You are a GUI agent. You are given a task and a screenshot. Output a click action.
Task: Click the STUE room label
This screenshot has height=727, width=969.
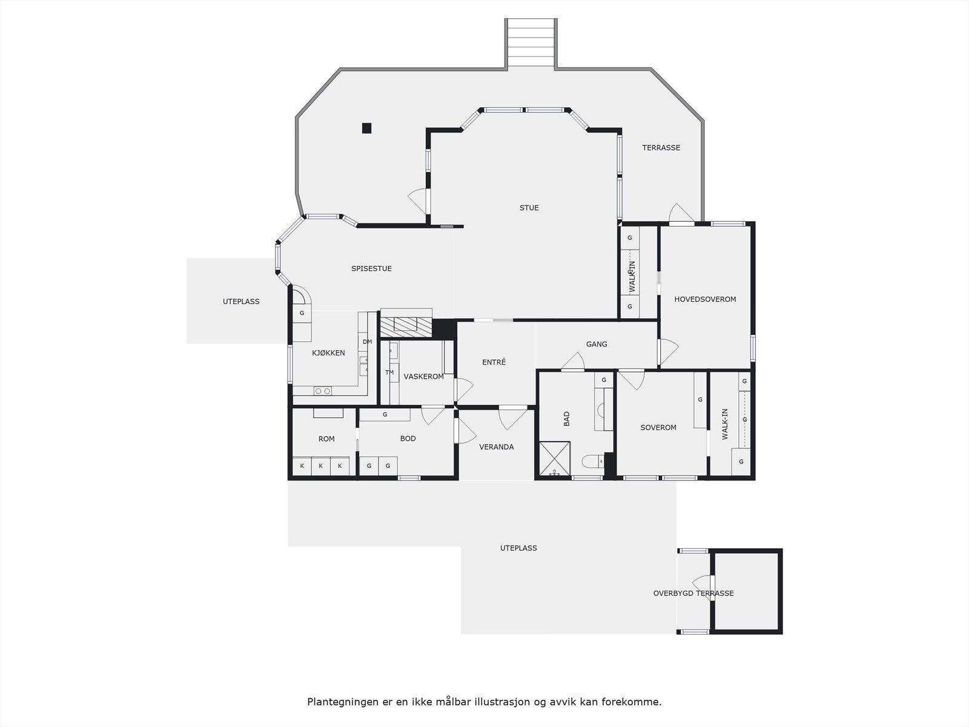coord(529,208)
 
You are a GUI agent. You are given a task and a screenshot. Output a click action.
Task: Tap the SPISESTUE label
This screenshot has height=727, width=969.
coord(371,268)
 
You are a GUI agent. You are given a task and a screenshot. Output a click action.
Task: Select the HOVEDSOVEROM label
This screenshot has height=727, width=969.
coord(705,299)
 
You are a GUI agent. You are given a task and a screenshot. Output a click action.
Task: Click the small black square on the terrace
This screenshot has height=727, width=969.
coord(366,128)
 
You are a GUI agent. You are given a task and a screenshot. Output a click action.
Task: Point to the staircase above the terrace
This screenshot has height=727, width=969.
coord(531,42)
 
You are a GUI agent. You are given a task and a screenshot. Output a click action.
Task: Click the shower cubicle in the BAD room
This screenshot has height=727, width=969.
coord(554,459)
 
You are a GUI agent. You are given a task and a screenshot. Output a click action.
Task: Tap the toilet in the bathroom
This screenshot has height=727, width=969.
coord(593,462)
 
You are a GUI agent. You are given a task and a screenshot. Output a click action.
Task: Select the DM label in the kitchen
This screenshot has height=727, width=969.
coord(367,342)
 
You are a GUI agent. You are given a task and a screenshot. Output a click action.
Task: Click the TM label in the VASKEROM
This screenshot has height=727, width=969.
coord(389,373)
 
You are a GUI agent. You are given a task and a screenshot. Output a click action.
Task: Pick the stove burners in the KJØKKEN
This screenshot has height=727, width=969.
coord(323,391)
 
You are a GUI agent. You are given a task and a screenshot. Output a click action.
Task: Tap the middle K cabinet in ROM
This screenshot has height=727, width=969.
coord(321,466)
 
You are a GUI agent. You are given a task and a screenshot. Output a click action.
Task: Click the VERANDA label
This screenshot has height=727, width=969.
coord(496,447)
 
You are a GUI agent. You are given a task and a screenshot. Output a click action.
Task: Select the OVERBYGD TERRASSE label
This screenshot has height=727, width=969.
coord(693,593)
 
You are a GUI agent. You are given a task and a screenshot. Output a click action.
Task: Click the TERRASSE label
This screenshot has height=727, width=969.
coord(661,148)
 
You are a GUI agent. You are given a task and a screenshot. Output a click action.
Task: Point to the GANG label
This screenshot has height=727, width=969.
coord(597,344)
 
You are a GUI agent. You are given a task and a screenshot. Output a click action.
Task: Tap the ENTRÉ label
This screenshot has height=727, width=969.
coord(494,362)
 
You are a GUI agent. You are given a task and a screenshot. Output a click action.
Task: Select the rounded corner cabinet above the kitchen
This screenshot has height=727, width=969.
coord(300,298)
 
